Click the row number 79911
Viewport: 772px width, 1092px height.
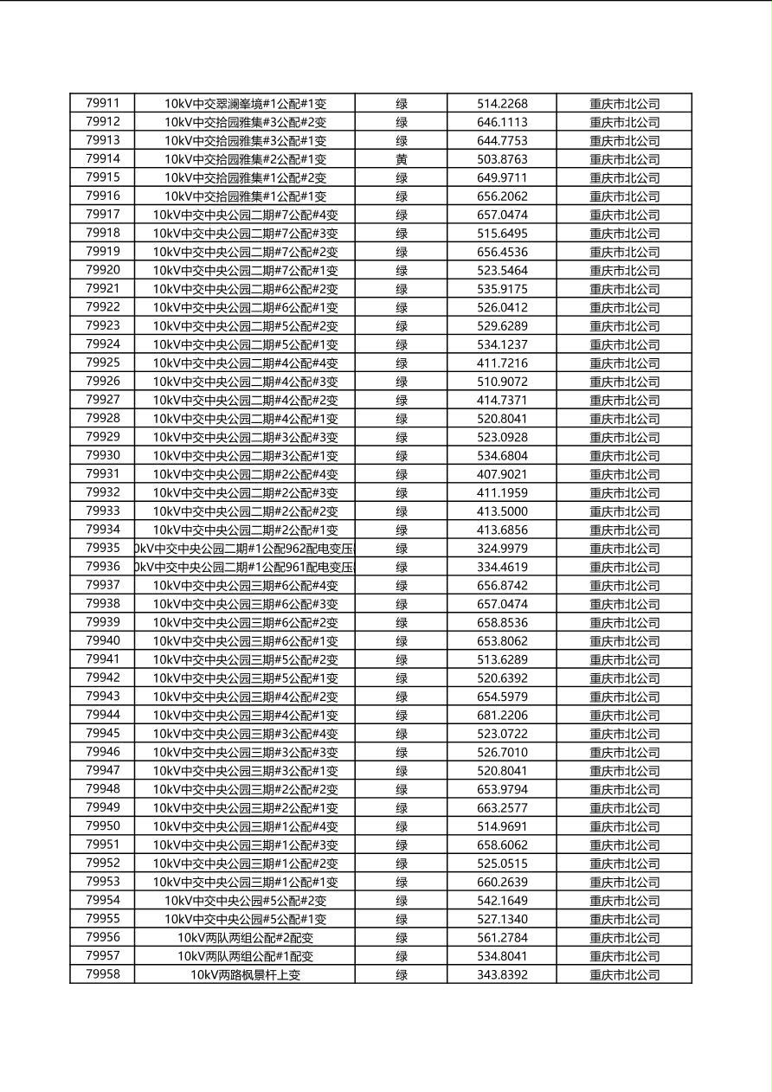coord(102,103)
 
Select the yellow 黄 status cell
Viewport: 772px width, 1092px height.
coord(402,159)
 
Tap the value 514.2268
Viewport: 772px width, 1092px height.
coord(502,104)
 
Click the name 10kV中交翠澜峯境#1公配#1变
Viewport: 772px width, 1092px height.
coord(245,104)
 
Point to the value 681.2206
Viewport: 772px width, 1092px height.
coord(502,716)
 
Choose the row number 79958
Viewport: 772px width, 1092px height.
coord(102,974)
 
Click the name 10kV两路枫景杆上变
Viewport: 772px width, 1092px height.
coord(245,975)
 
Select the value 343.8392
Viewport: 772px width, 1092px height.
coord(502,975)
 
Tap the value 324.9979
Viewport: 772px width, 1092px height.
coord(502,549)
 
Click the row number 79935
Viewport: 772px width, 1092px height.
coord(102,548)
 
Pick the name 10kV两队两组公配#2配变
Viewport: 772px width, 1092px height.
coord(245,938)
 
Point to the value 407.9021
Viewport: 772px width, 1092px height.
coord(502,474)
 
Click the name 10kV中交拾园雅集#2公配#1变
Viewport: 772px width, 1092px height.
coord(245,159)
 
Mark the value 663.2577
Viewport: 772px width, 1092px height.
coord(502,808)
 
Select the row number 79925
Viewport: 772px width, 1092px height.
coord(102,363)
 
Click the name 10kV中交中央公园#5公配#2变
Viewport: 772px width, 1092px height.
coord(245,901)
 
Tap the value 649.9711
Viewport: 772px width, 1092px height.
coord(502,177)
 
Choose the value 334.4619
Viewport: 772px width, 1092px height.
coord(502,568)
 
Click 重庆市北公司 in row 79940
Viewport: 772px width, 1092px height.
coord(624,641)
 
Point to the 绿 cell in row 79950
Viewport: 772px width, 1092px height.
coord(402,826)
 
